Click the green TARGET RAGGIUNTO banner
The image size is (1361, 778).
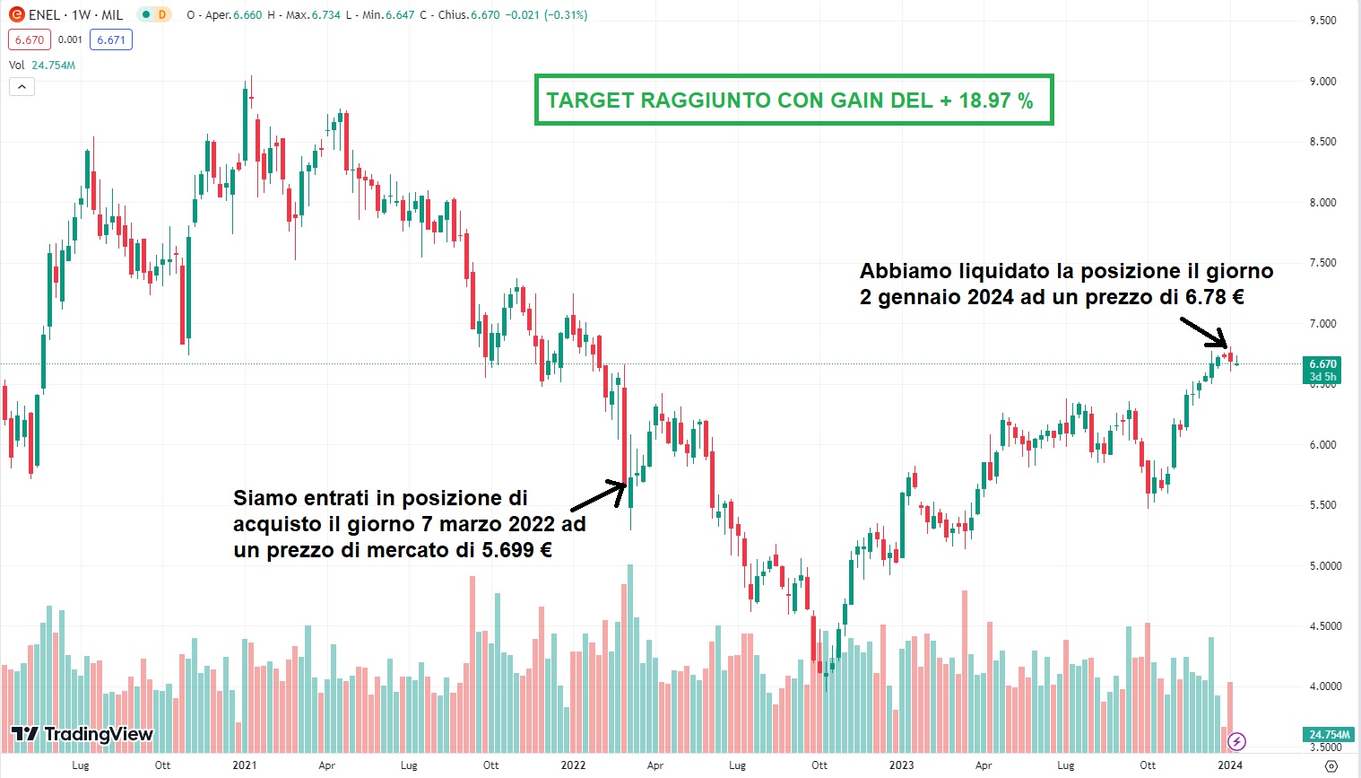(x=793, y=100)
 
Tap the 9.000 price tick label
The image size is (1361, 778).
(x=1322, y=82)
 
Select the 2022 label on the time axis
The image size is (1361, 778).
(x=573, y=765)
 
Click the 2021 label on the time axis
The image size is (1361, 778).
(x=244, y=765)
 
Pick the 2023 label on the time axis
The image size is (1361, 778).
(x=901, y=765)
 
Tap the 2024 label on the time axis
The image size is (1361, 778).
(x=1230, y=765)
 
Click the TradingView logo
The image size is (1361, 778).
(x=82, y=734)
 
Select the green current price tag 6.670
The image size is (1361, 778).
(x=1322, y=364)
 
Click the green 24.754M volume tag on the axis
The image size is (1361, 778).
(x=1329, y=735)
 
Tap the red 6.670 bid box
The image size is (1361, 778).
(x=30, y=39)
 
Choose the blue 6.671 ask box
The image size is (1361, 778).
(x=111, y=39)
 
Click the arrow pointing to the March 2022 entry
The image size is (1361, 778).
(x=599, y=494)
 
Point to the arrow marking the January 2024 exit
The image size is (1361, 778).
(x=1203, y=332)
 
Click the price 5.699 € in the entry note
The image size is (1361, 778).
(x=516, y=550)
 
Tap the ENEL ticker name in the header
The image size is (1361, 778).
(x=45, y=15)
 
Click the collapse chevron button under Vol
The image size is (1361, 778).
(x=22, y=87)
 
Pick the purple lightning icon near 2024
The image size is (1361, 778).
(x=1236, y=741)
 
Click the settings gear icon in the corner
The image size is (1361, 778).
(x=1331, y=765)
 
